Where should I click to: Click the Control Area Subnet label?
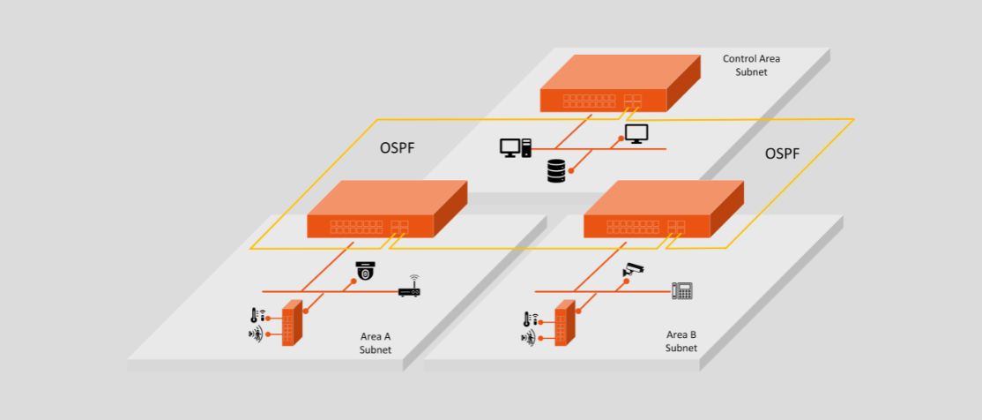pos(751,65)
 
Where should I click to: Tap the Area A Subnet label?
pos(375,343)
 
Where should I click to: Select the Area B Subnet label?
pos(681,341)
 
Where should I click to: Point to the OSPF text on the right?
pos(782,154)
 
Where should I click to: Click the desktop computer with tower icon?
pos(516,148)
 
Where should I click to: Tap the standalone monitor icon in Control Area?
pos(636,133)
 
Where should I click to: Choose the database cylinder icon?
pos(555,171)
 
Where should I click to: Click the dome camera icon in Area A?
pos(365,271)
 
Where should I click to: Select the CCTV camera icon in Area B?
pos(634,269)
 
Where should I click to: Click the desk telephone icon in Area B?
pos(681,289)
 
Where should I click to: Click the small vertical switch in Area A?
pos(292,323)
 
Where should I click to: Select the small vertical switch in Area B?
pos(565,324)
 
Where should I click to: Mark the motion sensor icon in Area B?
pos(529,337)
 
